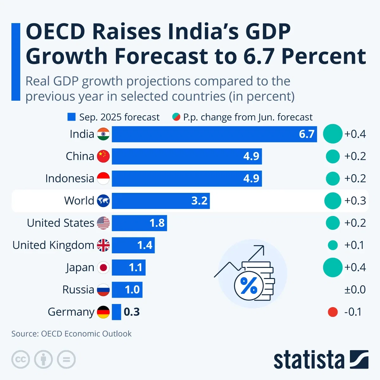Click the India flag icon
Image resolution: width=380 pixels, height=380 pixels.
[103, 134]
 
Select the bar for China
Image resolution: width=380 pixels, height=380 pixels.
[187, 156]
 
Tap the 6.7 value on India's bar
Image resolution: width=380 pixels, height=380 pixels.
[306, 134]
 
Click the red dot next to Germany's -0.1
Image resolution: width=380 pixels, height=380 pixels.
[332, 312]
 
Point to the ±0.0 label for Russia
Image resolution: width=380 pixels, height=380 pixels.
[355, 290]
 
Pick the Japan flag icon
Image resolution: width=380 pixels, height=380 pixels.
[103, 268]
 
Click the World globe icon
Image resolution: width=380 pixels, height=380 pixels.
[103, 201]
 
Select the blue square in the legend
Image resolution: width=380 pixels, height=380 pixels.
[72, 117]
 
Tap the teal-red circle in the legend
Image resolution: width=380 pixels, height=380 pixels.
[176, 117]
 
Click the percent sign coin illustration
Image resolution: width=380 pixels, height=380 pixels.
[249, 286]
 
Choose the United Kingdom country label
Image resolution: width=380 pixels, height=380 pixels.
[53, 245]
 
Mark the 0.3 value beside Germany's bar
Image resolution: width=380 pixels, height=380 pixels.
[132, 312]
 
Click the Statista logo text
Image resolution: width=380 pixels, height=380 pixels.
[309, 360]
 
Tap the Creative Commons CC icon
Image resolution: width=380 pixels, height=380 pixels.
[21, 359]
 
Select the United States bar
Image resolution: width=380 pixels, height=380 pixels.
[139, 223]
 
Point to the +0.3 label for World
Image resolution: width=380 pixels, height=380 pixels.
[355, 201]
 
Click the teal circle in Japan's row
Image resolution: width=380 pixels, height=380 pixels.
[332, 268]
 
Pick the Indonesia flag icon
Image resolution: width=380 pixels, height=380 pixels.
[103, 179]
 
